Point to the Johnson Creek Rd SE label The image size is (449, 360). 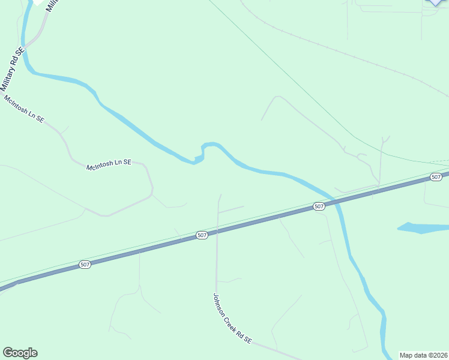coord(232,319)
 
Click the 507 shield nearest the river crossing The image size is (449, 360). coord(319,206)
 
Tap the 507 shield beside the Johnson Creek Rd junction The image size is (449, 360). coord(202,235)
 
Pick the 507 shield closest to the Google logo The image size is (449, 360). coord(85,264)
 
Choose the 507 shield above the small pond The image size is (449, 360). coord(436,176)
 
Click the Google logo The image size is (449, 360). coord(20,353)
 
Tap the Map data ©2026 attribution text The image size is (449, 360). coord(424,355)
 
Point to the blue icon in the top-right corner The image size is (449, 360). coord(438,2)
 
